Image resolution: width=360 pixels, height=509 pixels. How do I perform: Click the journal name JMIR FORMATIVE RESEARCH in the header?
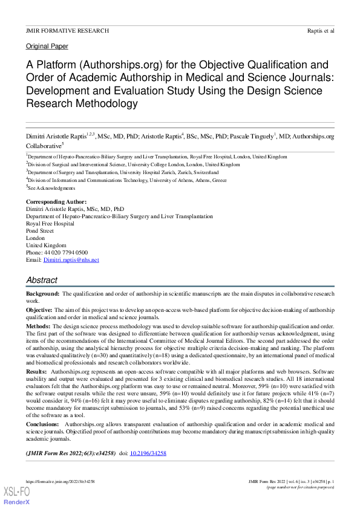67,30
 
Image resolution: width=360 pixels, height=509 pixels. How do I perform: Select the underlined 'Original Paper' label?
47,47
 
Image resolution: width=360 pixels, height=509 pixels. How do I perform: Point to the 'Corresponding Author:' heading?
56,201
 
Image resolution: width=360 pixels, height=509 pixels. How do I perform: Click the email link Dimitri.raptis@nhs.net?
71,259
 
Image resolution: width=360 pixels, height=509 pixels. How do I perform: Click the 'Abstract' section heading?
42,280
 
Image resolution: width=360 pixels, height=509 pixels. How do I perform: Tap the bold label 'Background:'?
43,293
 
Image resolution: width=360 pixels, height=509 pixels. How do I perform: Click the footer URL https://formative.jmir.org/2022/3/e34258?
60,482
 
